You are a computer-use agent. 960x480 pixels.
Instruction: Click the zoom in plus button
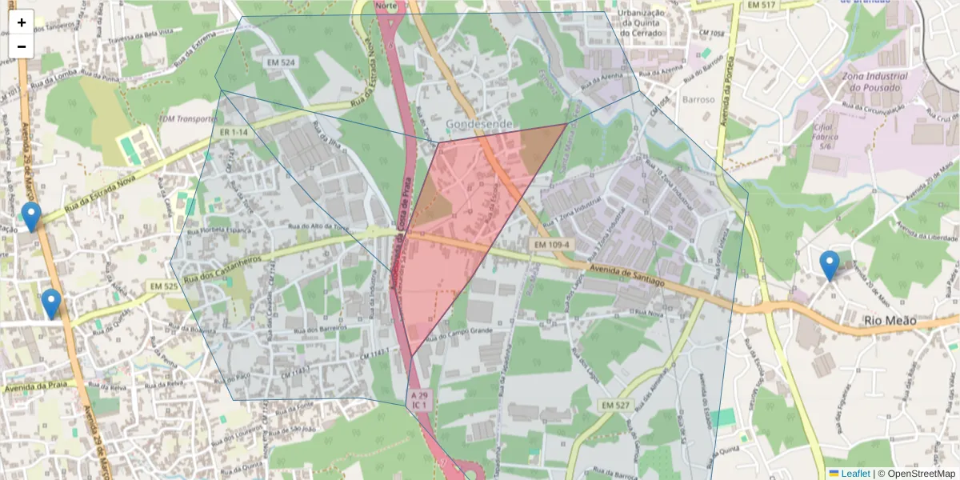click(22, 22)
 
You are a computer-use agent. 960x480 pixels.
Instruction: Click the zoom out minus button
click(22, 46)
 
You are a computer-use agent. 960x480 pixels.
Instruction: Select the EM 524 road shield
click(282, 62)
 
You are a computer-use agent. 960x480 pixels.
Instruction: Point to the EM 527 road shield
click(615, 406)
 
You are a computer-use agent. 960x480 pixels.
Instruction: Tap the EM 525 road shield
click(163, 286)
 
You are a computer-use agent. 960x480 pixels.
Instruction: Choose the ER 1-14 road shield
click(234, 131)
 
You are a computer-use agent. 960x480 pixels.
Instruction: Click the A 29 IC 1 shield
click(419, 400)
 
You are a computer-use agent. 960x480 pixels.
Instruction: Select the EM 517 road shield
click(761, 6)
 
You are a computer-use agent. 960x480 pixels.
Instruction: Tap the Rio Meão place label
click(890, 321)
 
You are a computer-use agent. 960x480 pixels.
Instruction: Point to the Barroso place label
click(698, 99)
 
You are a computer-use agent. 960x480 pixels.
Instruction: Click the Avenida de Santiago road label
click(627, 276)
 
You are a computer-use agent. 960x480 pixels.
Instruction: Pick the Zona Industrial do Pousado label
click(874, 82)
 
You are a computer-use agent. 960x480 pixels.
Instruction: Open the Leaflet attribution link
click(855, 474)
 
